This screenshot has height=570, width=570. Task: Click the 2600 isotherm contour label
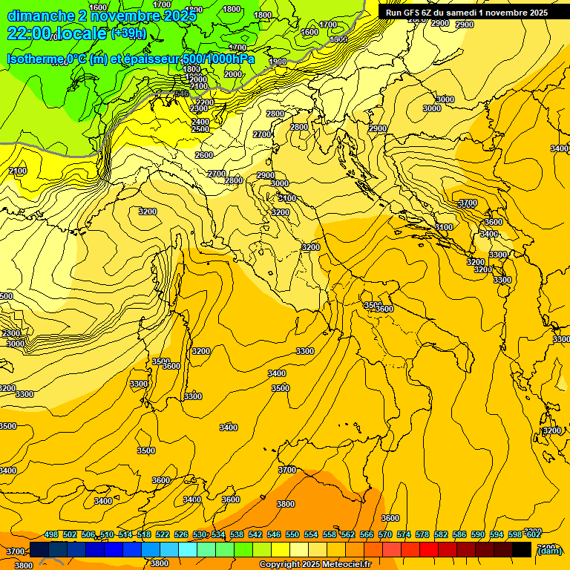coord(204,155)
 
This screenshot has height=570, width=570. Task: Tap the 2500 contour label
coord(200,129)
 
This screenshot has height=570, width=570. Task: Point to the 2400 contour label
coord(200,122)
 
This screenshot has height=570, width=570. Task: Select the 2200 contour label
coord(205,102)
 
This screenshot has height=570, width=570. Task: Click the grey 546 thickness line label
coord(181,94)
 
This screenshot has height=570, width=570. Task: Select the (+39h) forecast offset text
coord(128,33)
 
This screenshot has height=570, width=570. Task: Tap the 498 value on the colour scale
coord(51,534)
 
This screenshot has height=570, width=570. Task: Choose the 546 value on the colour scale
coord(274,534)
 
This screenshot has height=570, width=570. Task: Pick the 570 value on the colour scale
coord(385,534)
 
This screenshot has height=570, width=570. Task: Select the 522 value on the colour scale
coord(163,534)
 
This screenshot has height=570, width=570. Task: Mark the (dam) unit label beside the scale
coord(548,550)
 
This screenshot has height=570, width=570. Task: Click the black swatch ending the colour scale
coord(522,550)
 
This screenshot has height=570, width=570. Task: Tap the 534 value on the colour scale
coord(218,534)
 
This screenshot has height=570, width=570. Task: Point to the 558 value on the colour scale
coord(330,534)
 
